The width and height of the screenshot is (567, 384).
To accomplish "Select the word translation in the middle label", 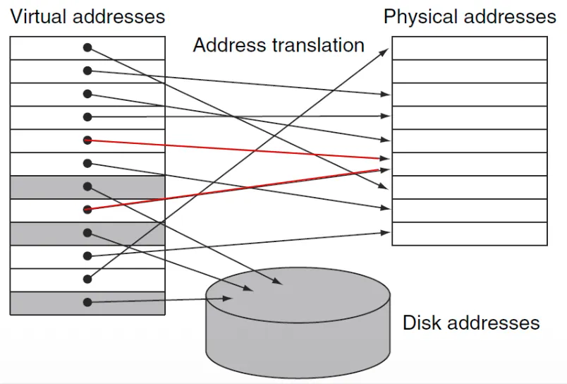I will coord(317,46).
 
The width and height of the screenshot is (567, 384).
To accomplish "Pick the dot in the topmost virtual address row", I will coord(87,48).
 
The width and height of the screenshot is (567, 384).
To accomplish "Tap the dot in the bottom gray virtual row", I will coord(87,302).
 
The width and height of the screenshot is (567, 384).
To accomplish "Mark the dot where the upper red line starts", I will coord(87,140).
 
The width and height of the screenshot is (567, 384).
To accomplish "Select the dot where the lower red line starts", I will coord(87,209).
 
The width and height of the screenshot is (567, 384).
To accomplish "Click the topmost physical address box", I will coord(469,48).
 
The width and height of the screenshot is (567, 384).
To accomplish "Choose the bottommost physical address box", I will coord(469,234).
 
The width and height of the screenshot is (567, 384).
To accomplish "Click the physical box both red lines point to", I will coord(469,164).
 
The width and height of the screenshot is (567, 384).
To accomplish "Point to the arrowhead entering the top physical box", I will coord(386,52).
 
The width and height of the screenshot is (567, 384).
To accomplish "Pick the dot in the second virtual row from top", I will coord(87,71).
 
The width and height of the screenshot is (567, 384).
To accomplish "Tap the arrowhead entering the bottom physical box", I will coord(386,232).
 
